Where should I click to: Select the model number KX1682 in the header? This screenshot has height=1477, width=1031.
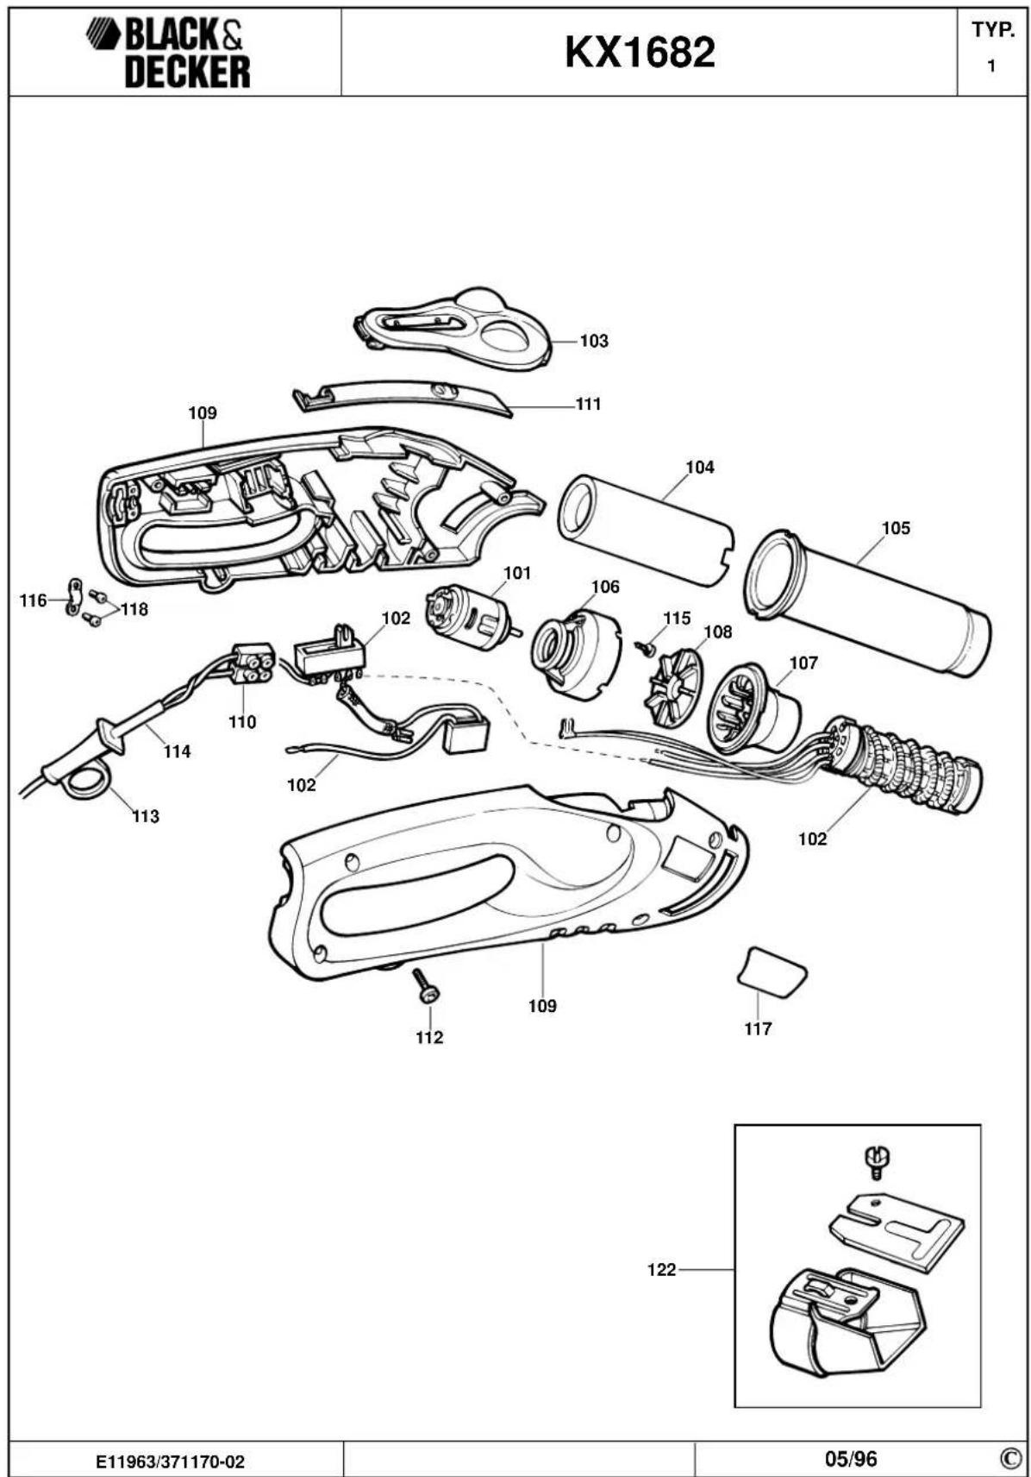[x=639, y=53]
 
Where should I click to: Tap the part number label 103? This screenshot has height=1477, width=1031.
[x=593, y=341]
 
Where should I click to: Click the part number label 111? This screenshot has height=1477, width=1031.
[x=588, y=404]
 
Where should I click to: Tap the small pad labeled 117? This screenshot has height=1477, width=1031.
[x=772, y=971]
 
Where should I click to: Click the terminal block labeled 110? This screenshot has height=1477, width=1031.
[x=253, y=663]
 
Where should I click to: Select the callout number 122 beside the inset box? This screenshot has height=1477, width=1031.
[x=661, y=1269]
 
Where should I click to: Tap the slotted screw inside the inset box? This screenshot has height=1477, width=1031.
[x=876, y=1162]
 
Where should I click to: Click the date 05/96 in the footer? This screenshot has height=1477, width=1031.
[x=850, y=1458]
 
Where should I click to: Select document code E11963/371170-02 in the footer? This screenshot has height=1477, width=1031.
[x=170, y=1461]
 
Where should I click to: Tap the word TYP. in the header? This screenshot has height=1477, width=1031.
[x=992, y=31]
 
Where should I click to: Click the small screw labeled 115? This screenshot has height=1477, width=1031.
[x=642, y=646]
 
